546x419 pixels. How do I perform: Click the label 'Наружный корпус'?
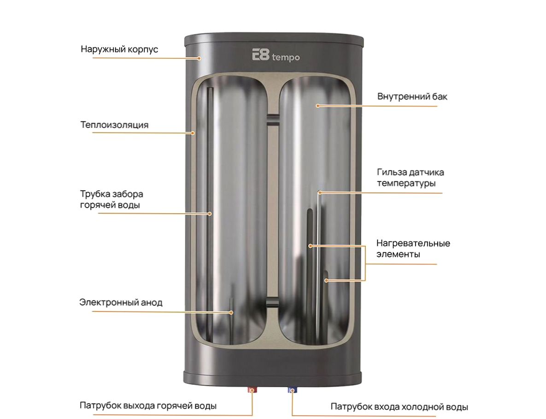click(x=119, y=49)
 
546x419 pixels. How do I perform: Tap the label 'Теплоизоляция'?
click(x=114, y=125)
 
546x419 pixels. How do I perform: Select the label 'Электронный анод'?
click(x=121, y=302)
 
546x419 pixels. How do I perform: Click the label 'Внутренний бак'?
click(x=412, y=96)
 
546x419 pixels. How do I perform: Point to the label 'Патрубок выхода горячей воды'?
click(x=148, y=406)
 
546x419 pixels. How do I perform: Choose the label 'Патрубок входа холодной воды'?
click(x=399, y=407)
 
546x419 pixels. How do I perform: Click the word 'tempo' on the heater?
click(x=286, y=57)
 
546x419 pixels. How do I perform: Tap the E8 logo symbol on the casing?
click(x=261, y=55)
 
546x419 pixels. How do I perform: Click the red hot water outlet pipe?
click(x=252, y=389)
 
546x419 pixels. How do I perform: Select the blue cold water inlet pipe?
click(x=292, y=389)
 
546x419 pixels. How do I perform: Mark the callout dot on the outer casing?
click(x=200, y=58)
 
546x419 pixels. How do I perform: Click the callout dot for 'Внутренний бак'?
click(x=317, y=106)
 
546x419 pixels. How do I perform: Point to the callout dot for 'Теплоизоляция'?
click(x=193, y=133)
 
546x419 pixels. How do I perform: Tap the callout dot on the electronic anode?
click(x=231, y=312)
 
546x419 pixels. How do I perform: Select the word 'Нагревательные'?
click(x=413, y=243)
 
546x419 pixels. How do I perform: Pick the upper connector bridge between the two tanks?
click(x=273, y=119)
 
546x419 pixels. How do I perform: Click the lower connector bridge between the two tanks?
click(x=273, y=302)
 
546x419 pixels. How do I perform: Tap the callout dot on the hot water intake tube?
click(x=210, y=214)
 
